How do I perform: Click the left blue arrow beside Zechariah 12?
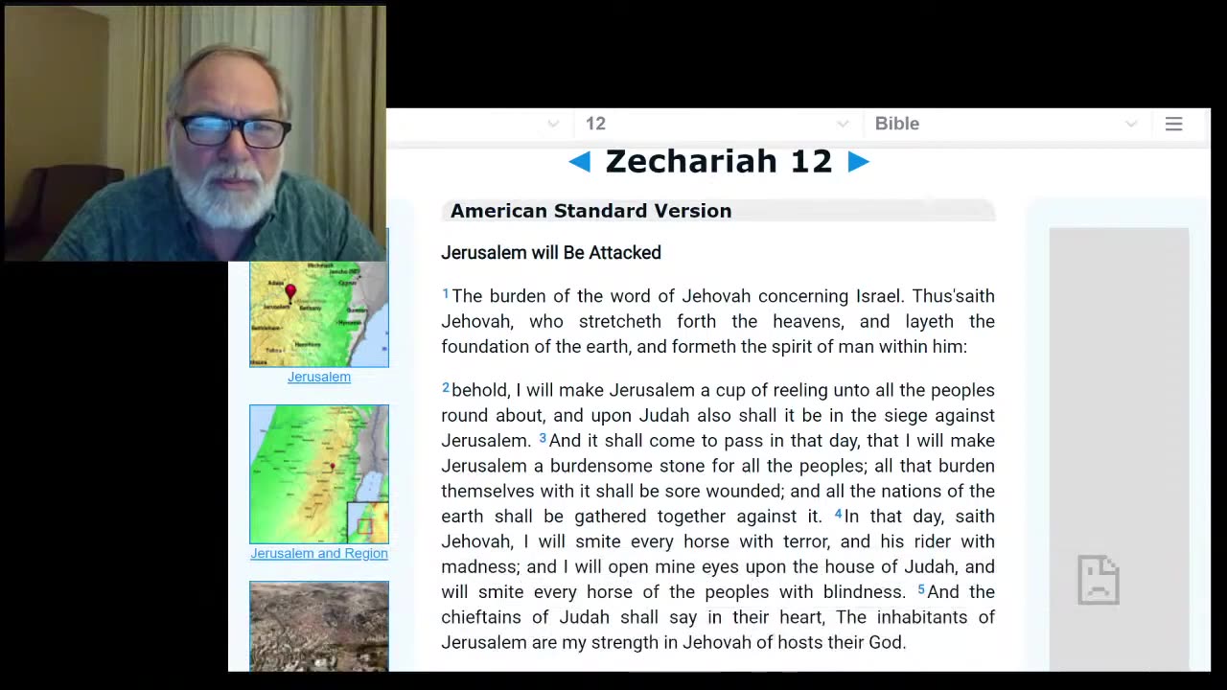(579, 162)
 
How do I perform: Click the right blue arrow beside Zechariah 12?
(858, 162)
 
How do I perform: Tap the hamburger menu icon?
(1173, 124)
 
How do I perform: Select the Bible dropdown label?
(897, 124)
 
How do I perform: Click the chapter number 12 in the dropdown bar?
(595, 124)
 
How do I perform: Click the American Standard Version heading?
(590, 211)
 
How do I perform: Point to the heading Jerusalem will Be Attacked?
(551, 253)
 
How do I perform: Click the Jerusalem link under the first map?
(319, 377)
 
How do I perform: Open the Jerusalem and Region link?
(319, 553)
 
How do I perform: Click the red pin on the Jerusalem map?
(290, 290)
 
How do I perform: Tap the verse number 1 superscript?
(446, 293)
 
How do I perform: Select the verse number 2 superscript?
(446, 387)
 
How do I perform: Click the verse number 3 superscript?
(543, 438)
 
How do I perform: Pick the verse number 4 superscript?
(838, 514)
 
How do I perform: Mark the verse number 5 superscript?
(921, 589)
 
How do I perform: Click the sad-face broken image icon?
(1099, 580)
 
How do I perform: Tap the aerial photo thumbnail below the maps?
(319, 625)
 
